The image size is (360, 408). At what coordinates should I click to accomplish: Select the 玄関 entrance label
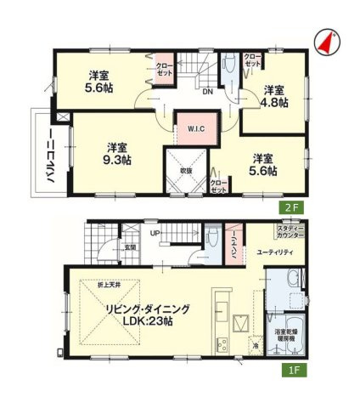pos(130,248)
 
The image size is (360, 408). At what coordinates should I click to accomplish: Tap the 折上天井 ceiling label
pos(108,284)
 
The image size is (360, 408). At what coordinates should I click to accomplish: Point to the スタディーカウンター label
pos(287,231)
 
